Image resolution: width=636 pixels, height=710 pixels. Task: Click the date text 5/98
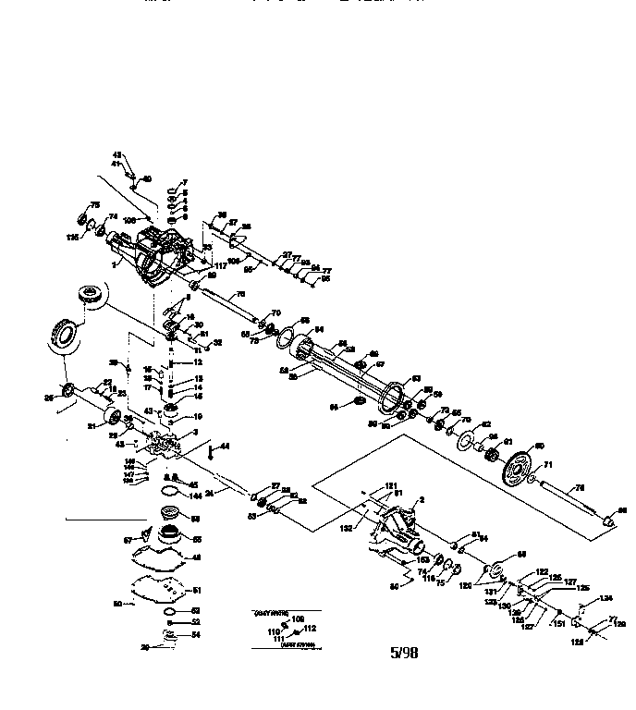click(404, 652)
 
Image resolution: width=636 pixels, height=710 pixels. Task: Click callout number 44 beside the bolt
click(225, 447)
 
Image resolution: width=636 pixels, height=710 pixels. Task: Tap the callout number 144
click(194, 496)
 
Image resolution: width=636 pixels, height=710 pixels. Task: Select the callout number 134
click(605, 598)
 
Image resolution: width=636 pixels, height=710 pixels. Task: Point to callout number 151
click(559, 623)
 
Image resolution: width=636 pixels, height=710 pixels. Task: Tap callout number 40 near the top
click(146, 178)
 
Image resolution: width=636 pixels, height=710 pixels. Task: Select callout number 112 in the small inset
click(310, 628)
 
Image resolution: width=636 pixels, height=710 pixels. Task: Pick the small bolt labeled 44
click(213, 449)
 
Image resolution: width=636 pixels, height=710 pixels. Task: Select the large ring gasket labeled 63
click(394, 393)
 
